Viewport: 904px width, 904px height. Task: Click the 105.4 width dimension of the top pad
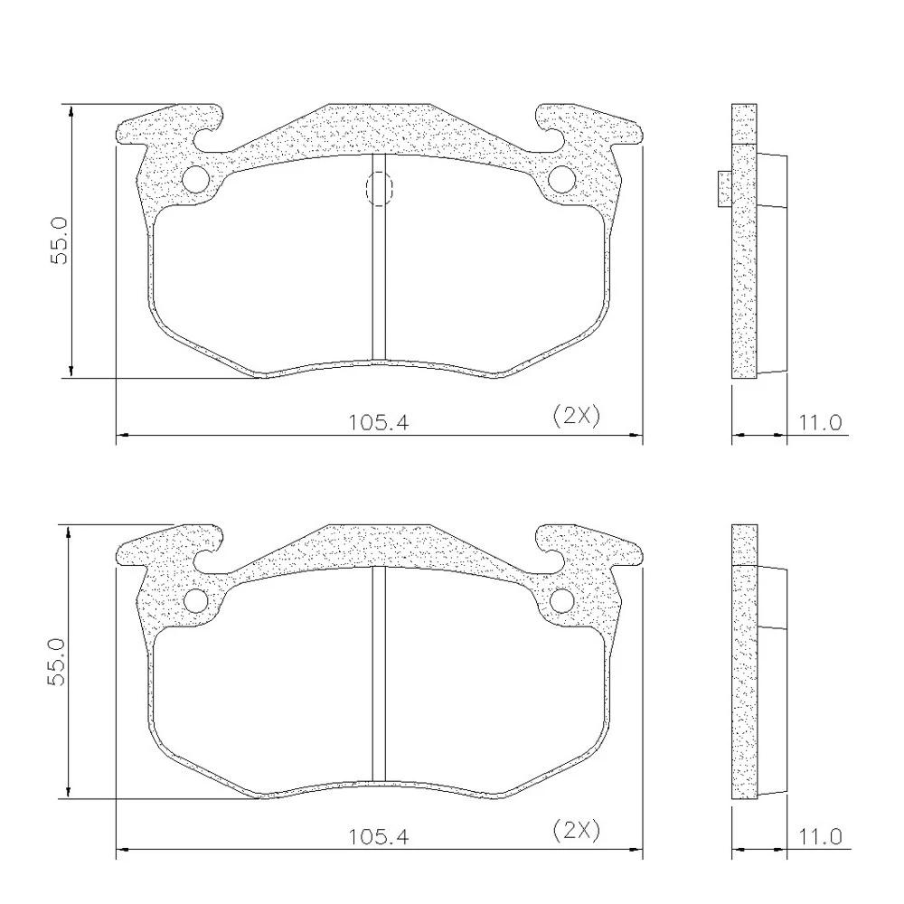coord(378,422)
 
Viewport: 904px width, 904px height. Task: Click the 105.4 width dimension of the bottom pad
coord(378,836)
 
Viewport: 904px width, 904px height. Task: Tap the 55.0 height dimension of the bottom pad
coord(58,662)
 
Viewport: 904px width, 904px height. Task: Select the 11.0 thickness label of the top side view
coord(820,422)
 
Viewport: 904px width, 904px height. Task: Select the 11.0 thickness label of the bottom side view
coord(820,836)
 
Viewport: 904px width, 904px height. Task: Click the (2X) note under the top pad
coord(576,415)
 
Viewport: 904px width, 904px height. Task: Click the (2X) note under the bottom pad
coord(576,830)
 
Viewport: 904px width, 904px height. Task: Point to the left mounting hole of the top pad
coord(195,179)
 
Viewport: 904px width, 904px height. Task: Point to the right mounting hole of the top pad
coord(561,179)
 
